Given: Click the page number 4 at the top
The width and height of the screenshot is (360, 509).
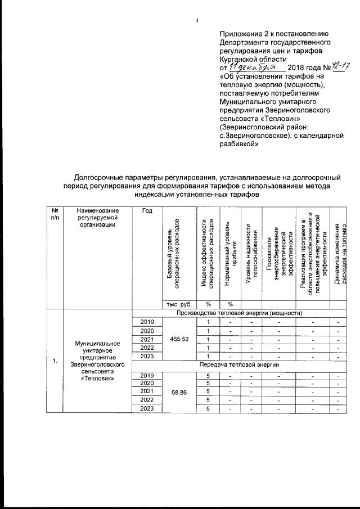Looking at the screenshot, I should [196, 21].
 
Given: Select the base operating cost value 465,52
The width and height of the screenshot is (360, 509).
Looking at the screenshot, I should [177, 340].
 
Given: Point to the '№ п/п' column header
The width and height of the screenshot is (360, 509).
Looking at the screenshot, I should [55, 229].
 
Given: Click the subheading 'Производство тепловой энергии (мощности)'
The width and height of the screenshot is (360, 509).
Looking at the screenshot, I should [240, 313].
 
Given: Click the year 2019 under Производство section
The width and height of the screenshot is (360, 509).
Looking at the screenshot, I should [146, 321].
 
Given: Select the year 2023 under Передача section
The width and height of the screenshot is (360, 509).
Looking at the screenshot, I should [146, 409].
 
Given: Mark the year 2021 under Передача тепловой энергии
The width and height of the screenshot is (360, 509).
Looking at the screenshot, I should [146, 391].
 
